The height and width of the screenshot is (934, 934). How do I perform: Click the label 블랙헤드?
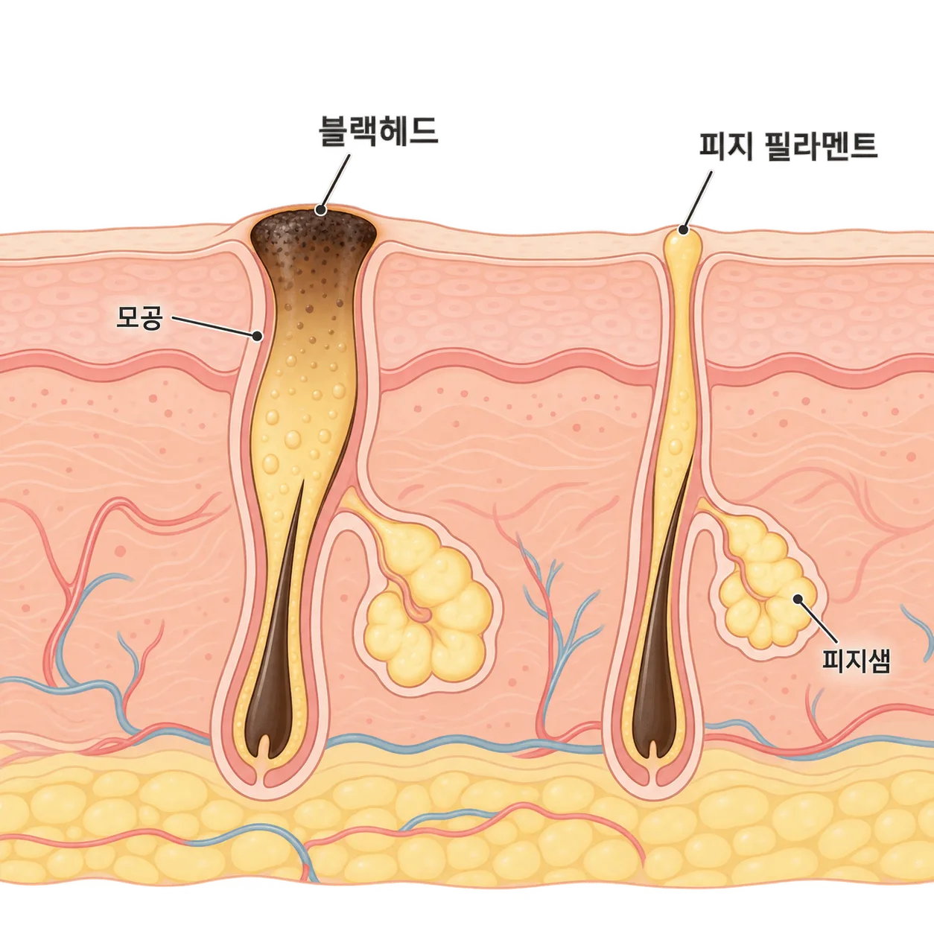coord(378,130)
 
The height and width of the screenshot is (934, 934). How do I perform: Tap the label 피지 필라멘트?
coord(788,145)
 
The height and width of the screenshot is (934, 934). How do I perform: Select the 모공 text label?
coord(139,317)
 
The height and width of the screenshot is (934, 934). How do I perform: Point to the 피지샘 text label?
coord(856,661)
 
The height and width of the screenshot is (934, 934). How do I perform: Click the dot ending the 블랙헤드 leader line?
coord(320,210)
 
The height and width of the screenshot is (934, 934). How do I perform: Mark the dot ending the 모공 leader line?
coord(258,336)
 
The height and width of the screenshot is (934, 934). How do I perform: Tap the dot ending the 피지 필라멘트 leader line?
coord(684,229)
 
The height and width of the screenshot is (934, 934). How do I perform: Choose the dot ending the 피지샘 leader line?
coord(797,599)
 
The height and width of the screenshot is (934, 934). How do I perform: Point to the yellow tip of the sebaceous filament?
coord(684,242)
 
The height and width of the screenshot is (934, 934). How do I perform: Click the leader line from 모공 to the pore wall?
coord(215,327)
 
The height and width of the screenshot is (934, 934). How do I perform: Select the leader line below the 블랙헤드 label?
coord(335,182)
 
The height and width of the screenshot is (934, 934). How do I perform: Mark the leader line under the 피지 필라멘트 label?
coord(698,200)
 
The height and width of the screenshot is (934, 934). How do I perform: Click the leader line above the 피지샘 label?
coord(817,621)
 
